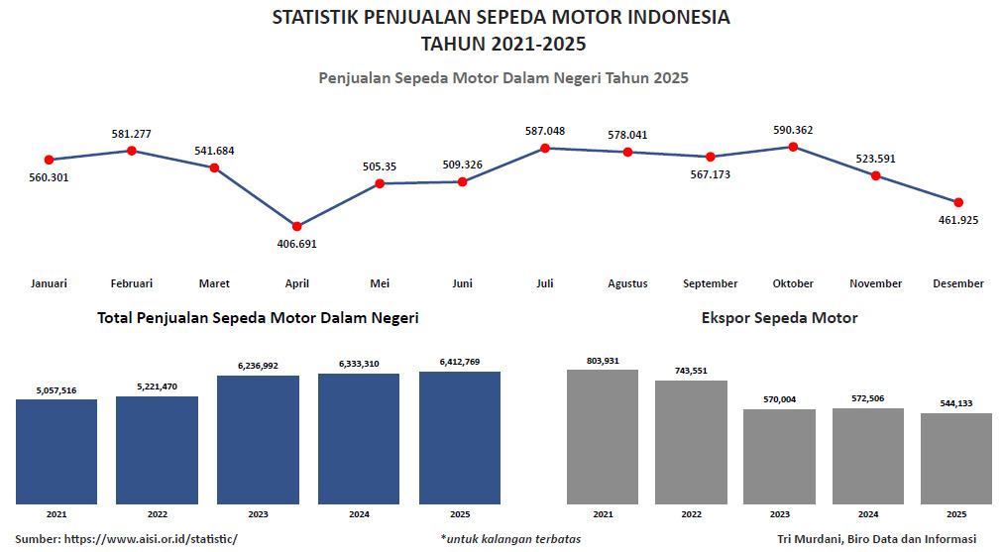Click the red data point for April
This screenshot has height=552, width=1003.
click(297, 226)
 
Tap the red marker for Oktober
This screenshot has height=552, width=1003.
click(793, 147)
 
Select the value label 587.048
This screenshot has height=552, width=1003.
click(545, 131)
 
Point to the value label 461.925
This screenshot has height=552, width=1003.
click(957, 220)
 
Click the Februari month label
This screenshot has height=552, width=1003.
click(132, 283)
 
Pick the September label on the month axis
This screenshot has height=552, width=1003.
click(710, 283)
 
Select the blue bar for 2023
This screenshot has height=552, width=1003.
click(258, 440)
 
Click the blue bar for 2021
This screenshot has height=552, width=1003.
click(56, 452)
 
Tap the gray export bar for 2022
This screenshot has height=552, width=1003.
click(691, 442)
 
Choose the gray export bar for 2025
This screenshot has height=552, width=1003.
click(956, 459)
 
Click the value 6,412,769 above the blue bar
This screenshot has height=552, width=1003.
click(460, 362)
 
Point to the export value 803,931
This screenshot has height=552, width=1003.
click(603, 361)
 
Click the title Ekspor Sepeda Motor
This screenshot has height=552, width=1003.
click(779, 318)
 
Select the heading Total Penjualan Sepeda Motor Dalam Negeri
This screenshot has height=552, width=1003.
click(258, 318)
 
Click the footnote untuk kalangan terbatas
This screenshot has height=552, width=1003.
click(510, 539)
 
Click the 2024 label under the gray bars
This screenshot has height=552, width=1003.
click(868, 514)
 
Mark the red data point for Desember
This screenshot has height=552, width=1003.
click(958, 202)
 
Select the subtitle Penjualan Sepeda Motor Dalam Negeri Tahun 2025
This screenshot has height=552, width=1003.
click(502, 77)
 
